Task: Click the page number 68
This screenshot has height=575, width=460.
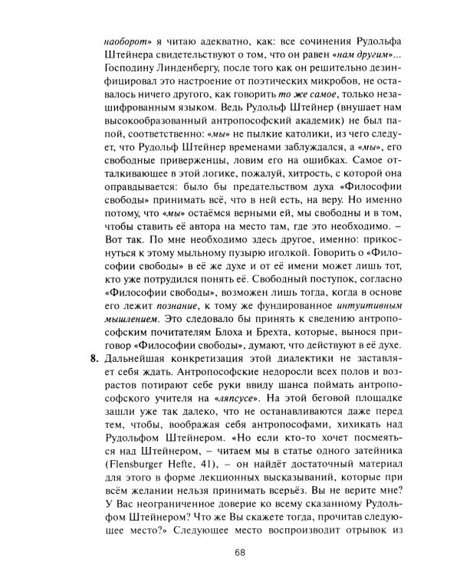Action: [x=240, y=550]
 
